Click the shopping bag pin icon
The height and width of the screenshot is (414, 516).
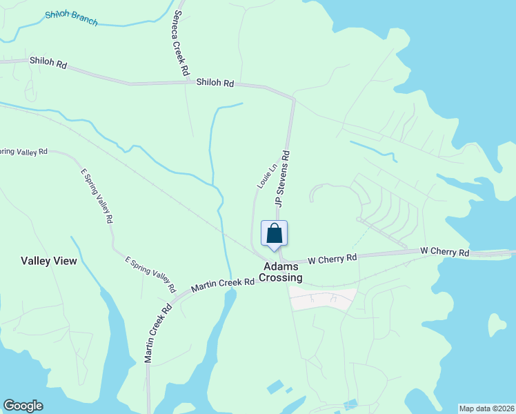(x=274, y=233)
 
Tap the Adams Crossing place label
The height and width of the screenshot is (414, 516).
(x=281, y=272)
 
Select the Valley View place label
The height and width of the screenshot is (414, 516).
(x=49, y=261)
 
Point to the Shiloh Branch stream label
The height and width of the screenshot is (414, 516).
(x=71, y=18)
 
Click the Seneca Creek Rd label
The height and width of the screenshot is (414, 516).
(x=181, y=42)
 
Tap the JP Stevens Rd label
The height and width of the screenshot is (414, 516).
(x=283, y=178)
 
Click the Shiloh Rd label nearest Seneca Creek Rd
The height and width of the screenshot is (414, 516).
(x=215, y=83)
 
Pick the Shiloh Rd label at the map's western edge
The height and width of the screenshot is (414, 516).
(x=48, y=62)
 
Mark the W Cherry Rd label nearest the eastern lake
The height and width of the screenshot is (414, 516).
(x=445, y=253)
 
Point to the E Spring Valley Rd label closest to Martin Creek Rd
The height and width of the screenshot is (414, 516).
(x=149, y=270)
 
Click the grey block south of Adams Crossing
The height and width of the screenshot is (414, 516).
(x=322, y=299)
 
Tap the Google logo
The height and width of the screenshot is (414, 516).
(x=23, y=406)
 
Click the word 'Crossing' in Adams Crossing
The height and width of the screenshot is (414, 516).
(x=281, y=278)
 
